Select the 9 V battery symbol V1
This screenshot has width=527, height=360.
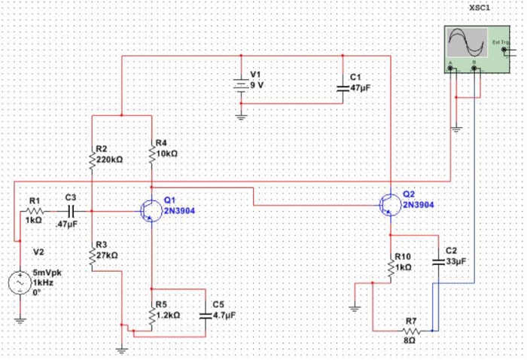click(241, 85)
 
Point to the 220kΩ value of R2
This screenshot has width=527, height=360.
click(109, 160)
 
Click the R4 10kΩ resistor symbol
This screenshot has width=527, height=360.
click(151, 154)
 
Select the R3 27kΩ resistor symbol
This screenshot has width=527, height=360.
click(91, 256)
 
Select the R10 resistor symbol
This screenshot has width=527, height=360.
click(391, 267)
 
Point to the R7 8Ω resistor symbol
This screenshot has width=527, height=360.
click(410, 331)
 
